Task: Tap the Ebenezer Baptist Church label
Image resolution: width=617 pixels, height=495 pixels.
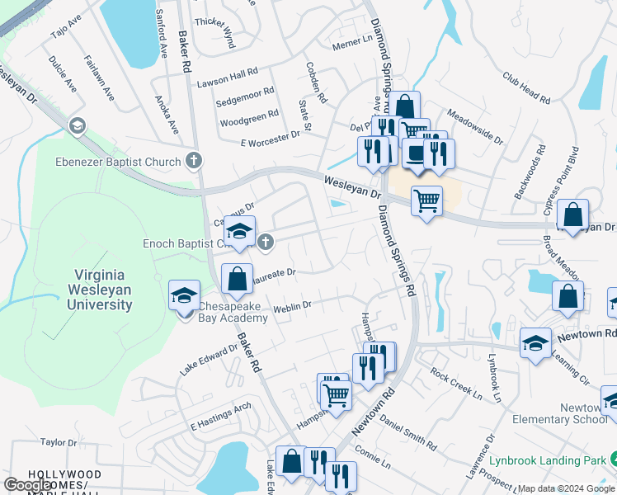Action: (118, 162)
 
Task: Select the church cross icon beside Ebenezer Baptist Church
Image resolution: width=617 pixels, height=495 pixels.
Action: (194, 160)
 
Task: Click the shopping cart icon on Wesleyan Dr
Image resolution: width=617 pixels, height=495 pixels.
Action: (426, 200)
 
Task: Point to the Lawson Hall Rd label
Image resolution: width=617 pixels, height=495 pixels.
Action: (228, 82)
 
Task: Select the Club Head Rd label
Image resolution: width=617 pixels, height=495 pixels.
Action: (526, 87)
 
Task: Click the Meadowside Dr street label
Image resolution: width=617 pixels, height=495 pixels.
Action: (474, 126)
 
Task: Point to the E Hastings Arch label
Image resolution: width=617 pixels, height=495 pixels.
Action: (220, 417)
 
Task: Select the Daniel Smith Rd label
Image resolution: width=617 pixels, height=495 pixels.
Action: (407, 431)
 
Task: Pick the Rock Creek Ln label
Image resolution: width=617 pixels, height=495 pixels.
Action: (456, 384)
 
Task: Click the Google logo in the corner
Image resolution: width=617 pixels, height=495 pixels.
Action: (28, 484)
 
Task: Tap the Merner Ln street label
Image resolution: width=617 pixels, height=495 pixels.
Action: (352, 43)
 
